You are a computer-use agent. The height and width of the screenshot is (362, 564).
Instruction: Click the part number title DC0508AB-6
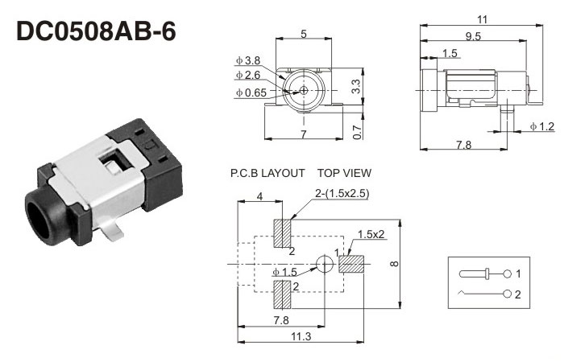pos(95,31)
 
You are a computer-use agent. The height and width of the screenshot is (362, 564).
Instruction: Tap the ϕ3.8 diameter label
pos(249,60)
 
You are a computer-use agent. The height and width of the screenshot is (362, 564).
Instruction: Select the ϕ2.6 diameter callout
pos(249,76)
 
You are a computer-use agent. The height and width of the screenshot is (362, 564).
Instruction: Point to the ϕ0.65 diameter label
pos(251,93)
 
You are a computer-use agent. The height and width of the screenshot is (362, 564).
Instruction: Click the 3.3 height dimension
pos(355,87)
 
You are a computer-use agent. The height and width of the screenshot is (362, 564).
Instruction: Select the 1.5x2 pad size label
pos(371,233)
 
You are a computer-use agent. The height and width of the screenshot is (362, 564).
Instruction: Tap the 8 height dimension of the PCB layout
pos(394,264)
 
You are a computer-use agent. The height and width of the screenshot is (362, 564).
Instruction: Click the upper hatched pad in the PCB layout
pos(282,233)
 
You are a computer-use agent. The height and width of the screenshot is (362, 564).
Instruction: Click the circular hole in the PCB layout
pos(323,264)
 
